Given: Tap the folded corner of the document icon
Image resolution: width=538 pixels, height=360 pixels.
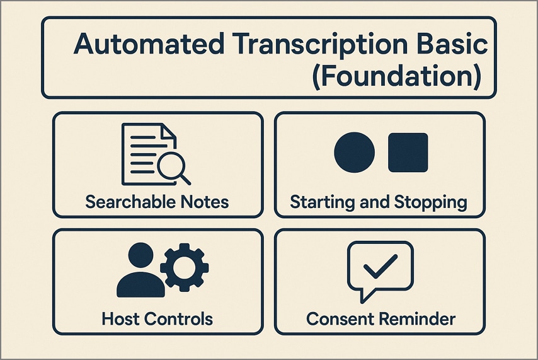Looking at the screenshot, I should point(168,132).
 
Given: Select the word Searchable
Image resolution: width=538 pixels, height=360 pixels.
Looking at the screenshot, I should point(129,202).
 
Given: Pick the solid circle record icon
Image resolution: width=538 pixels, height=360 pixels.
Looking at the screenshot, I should point(354,153).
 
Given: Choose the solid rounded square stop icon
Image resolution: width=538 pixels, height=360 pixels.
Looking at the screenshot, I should point(408,153).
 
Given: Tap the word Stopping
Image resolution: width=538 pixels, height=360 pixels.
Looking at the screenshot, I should point(430,202).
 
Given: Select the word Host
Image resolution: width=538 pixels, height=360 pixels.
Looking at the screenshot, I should point(120,318).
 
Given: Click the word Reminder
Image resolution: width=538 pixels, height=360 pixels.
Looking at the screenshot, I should point(417,318).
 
